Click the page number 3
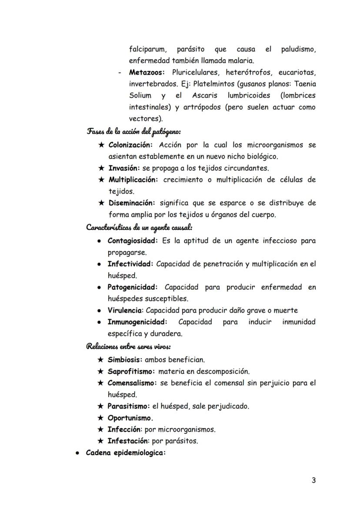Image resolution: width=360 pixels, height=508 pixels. pos(313,480)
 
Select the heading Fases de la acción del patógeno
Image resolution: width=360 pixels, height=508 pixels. pos(134,131)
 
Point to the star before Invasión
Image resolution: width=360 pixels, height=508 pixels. pos(101,168)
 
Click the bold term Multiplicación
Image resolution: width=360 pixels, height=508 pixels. pos(133,179)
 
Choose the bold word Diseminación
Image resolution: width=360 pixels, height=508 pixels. pos(132,203)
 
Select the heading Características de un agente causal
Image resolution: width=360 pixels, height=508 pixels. pos(139,227)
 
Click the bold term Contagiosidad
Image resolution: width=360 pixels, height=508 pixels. pos(132,240)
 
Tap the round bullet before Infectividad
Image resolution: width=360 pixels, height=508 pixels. pos(100,264)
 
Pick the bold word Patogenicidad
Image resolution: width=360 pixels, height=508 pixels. pos(132,287)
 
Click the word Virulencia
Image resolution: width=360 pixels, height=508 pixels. pos(125,310)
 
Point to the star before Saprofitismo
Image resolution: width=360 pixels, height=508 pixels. pos(101,371)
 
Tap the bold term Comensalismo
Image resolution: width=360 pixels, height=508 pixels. pos(132,383)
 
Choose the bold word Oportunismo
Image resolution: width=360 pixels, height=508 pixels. pos(130,418)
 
